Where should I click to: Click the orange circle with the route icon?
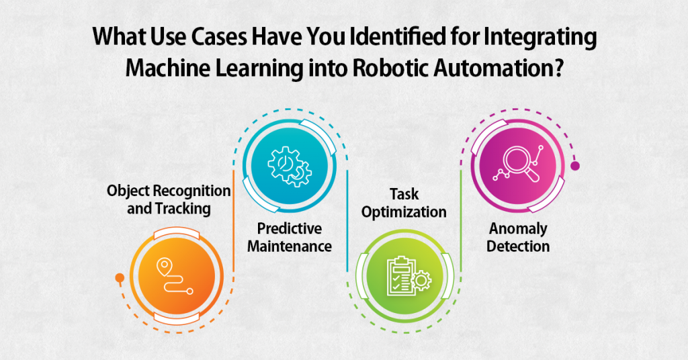pyautogui.click(x=177, y=276)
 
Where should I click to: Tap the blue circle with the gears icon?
pyautogui.click(x=290, y=166)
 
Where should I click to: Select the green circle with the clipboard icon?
pyautogui.click(x=404, y=276)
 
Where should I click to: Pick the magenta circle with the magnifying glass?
pyautogui.click(x=518, y=166)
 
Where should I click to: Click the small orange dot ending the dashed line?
pyautogui.click(x=120, y=277)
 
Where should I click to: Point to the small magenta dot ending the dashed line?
pyautogui.click(x=575, y=166)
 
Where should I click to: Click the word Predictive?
pyautogui.click(x=289, y=228)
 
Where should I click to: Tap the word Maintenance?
pyautogui.click(x=289, y=246)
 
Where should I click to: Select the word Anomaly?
pyautogui.click(x=518, y=229)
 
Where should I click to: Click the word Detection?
pyautogui.click(x=518, y=246)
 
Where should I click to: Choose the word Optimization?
pyautogui.click(x=404, y=212)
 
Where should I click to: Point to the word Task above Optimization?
pyautogui.click(x=404, y=194)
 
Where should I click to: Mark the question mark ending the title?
pyautogui.click(x=558, y=68)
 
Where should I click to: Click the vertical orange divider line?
pyautogui.click(x=233, y=221)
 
